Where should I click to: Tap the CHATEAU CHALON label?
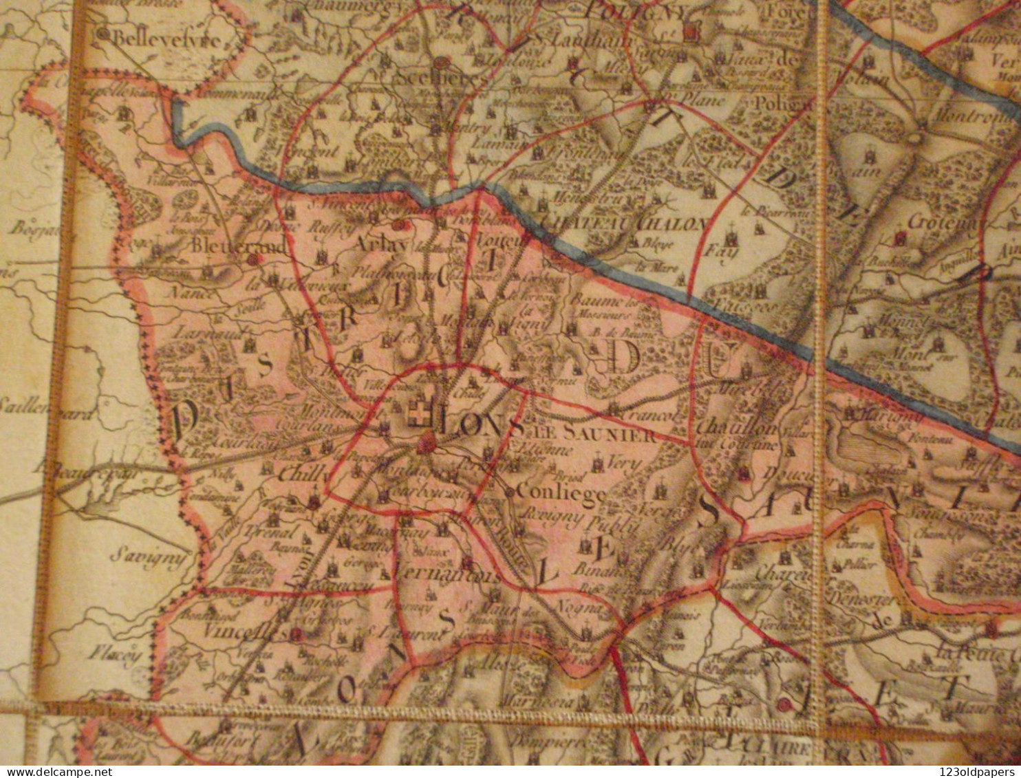point(624,223)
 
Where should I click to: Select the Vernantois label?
point(449,575)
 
